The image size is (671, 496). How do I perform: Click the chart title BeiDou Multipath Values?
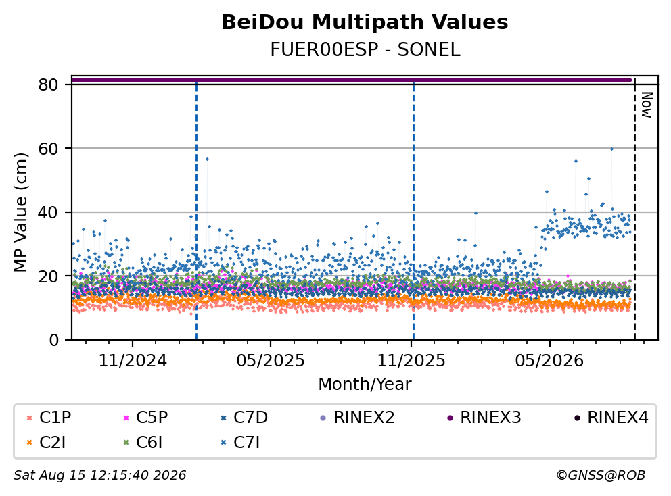(365, 22)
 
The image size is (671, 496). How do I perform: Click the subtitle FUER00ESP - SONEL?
(365, 50)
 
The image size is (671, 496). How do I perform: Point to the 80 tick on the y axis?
(48, 84)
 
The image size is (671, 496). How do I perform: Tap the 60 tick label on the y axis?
(48, 149)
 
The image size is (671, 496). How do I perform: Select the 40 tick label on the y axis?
(48, 212)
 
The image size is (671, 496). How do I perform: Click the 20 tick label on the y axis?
(48, 276)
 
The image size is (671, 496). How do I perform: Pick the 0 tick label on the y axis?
(53, 341)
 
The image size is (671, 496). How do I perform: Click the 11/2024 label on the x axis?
(133, 361)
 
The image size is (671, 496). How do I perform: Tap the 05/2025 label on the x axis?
(271, 361)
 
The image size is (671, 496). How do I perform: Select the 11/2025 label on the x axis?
(411, 361)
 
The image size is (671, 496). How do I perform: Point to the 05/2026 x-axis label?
(549, 361)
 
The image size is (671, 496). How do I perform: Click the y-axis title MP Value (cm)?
(20, 212)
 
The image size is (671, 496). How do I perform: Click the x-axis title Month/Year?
(365, 385)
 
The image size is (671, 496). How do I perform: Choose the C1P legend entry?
(49, 418)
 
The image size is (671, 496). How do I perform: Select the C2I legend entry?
(46, 443)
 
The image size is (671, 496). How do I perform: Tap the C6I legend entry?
(143, 443)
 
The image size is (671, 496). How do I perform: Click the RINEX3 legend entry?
(484, 418)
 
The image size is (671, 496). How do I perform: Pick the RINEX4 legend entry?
(611, 418)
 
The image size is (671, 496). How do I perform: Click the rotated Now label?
(647, 105)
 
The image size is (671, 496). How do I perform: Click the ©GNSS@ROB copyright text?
(601, 475)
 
